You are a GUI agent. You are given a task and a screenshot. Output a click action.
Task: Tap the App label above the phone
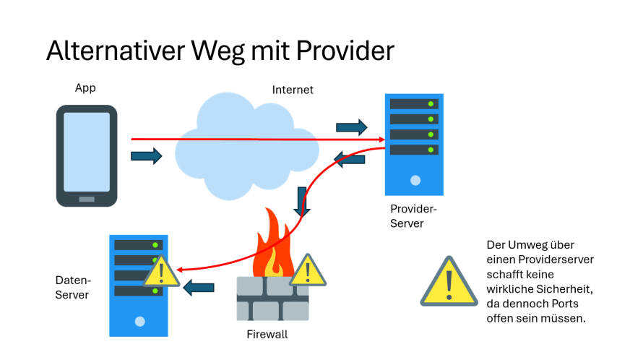tap(85, 88)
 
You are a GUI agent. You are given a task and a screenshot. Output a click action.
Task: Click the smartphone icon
tap(87, 155)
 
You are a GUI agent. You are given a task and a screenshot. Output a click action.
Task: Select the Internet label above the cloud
tap(293, 90)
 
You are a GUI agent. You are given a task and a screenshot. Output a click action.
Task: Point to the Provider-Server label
tap(414, 216)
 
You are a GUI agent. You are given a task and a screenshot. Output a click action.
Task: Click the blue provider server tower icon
tap(414, 144)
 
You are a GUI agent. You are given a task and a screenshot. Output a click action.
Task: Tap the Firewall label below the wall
tap(267, 335)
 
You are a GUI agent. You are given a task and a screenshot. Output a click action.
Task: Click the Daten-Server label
tap(72, 287)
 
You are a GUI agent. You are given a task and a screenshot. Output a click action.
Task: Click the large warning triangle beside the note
tap(449, 282)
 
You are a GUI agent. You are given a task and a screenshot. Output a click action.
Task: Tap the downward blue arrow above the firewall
tap(302, 201)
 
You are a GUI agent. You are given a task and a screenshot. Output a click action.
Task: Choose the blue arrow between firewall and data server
tap(198, 288)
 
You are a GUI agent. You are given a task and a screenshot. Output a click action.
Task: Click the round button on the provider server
tap(415, 180)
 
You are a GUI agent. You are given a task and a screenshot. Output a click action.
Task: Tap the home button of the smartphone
tap(87, 198)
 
